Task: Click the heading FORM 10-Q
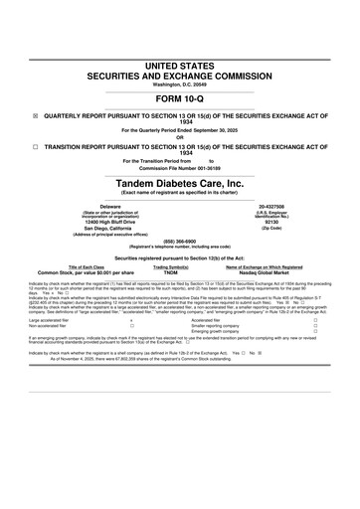[x=180, y=100]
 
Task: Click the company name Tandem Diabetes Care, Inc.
[x=180, y=185]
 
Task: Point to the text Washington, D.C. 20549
[x=180, y=85]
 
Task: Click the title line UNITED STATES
[x=180, y=65]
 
